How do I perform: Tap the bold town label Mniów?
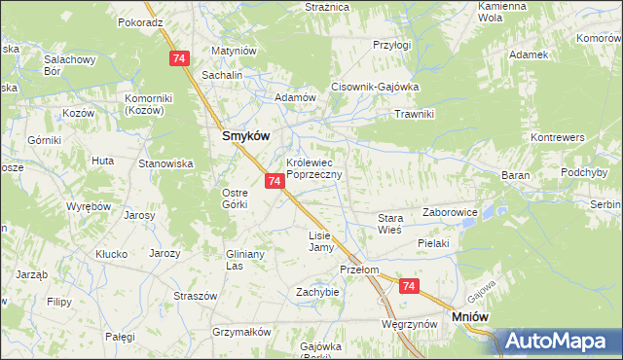471,316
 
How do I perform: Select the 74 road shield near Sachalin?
178,59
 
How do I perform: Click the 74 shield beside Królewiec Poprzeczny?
275,181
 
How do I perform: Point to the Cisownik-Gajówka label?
375,85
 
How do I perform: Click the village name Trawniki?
413,114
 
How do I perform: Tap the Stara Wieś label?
390,225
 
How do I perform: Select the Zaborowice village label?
450,210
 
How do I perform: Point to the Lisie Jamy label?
320,241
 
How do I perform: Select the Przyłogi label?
392,44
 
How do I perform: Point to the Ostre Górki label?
237,198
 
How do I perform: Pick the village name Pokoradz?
140,21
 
